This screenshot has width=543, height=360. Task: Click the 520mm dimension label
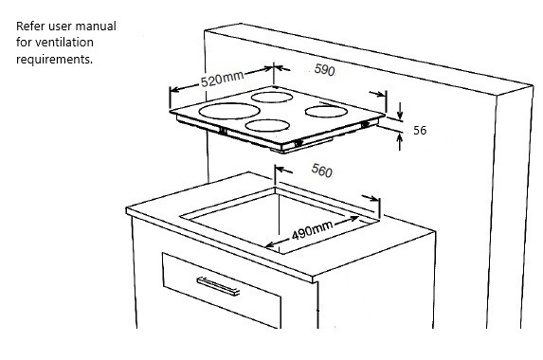click(x=222, y=80)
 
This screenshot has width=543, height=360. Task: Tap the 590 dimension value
click(x=324, y=70)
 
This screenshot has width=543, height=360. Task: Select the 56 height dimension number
click(x=420, y=130)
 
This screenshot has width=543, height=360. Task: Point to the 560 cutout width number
click(x=321, y=170)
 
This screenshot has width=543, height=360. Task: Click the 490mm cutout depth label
click(x=313, y=230)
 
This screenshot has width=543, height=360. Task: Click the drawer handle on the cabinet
click(x=218, y=286)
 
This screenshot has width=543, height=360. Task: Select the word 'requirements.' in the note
click(x=54, y=59)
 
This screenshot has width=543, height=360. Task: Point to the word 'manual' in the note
click(x=100, y=26)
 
